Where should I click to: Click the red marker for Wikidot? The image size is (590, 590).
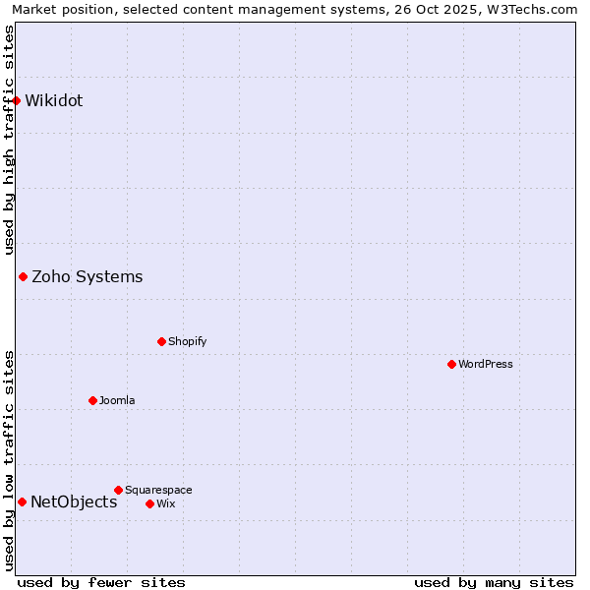(17, 100)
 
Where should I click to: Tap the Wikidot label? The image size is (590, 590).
(53, 100)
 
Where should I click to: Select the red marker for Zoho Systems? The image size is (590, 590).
(23, 276)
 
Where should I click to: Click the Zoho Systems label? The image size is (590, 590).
(87, 276)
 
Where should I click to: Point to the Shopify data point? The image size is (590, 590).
(161, 341)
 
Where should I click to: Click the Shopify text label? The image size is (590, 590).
(187, 341)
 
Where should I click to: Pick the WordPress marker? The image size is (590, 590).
(451, 364)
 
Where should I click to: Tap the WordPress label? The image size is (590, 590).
(485, 364)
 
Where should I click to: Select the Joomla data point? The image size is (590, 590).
(92, 400)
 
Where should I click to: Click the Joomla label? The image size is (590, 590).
(117, 400)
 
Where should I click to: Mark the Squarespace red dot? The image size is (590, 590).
(118, 490)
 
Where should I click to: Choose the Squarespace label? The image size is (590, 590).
(158, 490)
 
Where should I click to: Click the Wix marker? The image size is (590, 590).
(149, 503)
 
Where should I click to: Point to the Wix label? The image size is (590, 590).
(165, 503)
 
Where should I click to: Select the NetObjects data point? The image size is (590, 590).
(22, 501)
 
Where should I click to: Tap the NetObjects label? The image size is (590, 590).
(74, 501)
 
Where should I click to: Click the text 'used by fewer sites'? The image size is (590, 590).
(100, 582)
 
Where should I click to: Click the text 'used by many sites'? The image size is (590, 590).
(494, 582)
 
